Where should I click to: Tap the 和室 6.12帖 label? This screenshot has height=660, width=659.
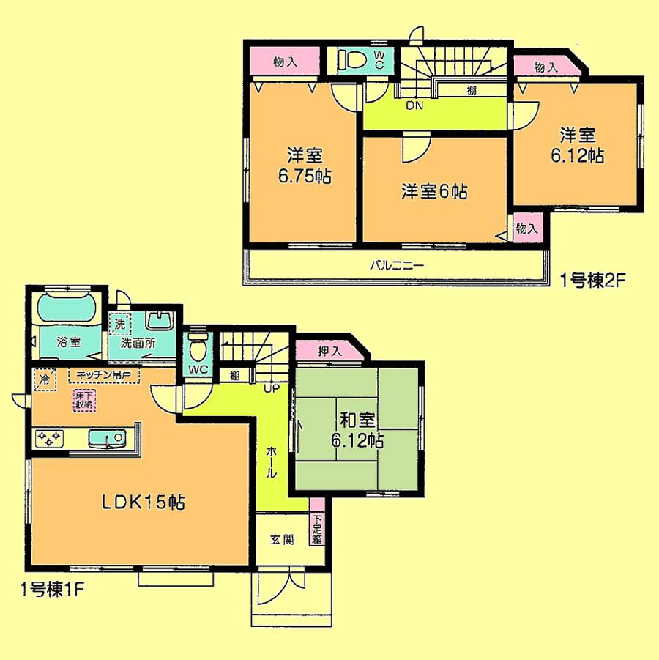click(x=358, y=431)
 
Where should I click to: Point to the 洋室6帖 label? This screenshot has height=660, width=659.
click(x=434, y=192)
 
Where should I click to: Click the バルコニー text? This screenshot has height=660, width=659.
click(x=396, y=266)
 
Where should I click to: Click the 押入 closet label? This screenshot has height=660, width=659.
click(x=330, y=351)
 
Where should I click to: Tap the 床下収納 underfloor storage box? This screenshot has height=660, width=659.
click(x=83, y=400)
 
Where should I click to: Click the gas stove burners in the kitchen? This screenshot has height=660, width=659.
click(x=50, y=438)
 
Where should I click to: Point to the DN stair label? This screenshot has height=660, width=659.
click(x=414, y=105)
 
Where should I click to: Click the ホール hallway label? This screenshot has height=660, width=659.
click(x=271, y=463)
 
